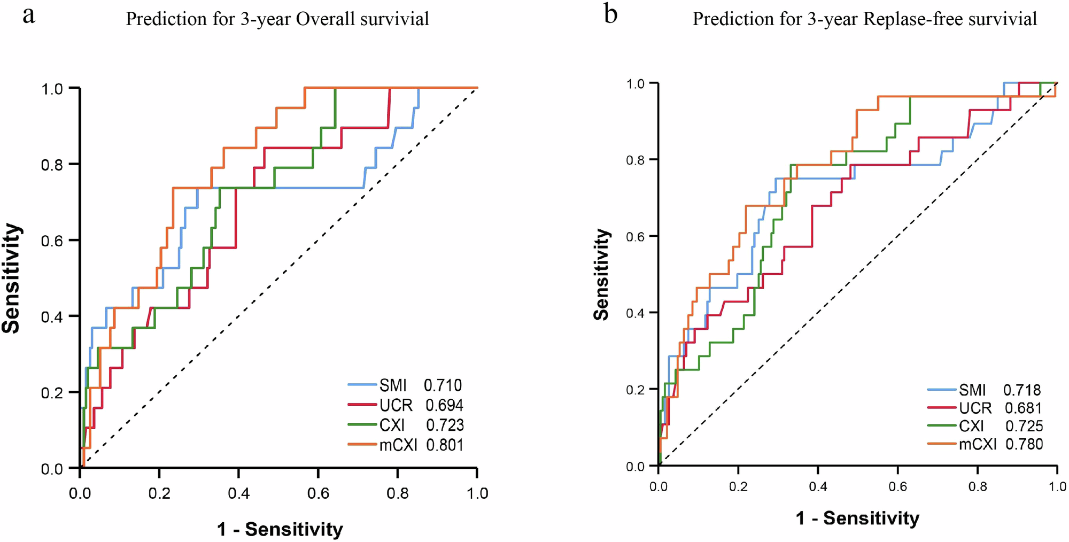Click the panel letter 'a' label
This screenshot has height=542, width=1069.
[x=29, y=16]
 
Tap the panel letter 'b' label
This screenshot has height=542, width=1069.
[x=610, y=14]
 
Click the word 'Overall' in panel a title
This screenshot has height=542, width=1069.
[x=325, y=19]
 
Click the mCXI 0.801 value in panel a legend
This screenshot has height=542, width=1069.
[x=444, y=445]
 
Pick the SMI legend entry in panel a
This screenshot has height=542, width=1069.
[x=393, y=385]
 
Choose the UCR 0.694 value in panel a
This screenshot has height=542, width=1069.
[x=444, y=406]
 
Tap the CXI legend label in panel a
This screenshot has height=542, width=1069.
[x=392, y=425]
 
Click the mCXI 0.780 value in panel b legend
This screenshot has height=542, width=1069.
[x=1024, y=444]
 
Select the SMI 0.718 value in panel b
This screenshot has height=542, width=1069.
[x=1022, y=390]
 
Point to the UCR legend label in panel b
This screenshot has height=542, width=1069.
[x=975, y=408]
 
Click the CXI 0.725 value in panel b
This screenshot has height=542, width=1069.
[x=1024, y=426]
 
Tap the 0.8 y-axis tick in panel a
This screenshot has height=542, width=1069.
[x=52, y=165]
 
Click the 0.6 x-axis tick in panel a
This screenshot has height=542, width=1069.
[x=318, y=493]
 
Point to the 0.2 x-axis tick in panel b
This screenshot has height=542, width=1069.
[x=738, y=486]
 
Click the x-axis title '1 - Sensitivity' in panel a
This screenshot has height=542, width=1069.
[x=280, y=530]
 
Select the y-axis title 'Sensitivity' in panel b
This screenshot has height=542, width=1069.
[x=602, y=275]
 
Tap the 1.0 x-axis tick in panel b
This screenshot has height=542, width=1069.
[x=1057, y=486]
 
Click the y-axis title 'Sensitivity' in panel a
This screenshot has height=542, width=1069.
[x=11, y=278]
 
